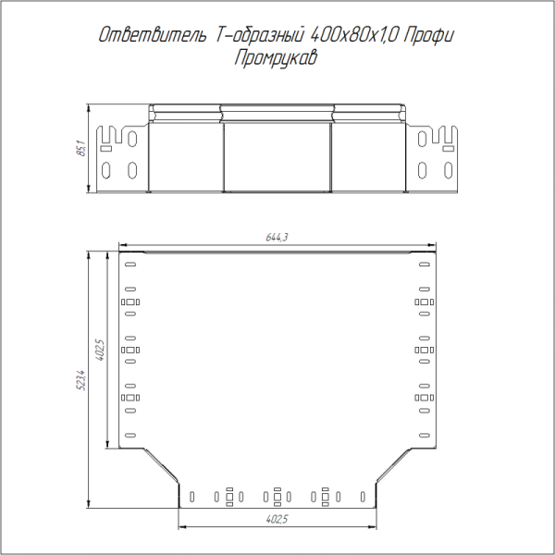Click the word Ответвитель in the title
(x=152, y=35)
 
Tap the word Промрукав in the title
(x=276, y=57)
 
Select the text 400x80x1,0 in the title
(x=354, y=35)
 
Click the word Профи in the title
(x=429, y=35)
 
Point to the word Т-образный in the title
(x=259, y=35)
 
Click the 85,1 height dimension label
(x=81, y=148)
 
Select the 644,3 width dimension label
(x=277, y=237)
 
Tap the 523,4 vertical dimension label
(x=81, y=380)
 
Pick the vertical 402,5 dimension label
(x=100, y=350)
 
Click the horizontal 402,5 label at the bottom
(x=277, y=519)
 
